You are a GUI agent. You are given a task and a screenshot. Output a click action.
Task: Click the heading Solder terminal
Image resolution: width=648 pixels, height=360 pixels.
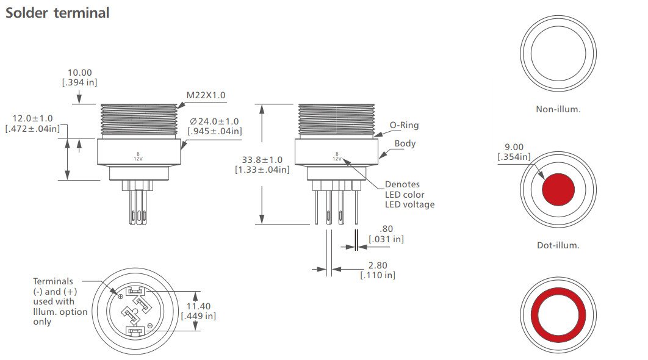click(57, 13)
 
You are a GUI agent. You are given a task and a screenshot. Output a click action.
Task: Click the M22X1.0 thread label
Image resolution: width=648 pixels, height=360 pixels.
click(206, 95)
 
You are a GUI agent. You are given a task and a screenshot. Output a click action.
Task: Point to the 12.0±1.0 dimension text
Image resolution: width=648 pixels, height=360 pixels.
click(33, 118)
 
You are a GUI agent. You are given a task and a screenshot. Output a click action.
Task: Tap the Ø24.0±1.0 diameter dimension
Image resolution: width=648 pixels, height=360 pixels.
click(214, 121)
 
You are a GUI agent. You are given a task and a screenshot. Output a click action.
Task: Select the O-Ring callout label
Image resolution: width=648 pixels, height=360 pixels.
click(404, 125)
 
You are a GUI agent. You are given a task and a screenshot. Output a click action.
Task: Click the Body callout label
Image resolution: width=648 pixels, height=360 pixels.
click(405, 143)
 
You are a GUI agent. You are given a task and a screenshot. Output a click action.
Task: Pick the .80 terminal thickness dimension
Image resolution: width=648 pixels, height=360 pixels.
click(386, 229)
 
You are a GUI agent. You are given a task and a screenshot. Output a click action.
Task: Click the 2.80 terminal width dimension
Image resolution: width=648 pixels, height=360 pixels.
click(377, 265)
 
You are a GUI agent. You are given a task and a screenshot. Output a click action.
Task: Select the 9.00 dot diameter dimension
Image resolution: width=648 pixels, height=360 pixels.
click(514, 147)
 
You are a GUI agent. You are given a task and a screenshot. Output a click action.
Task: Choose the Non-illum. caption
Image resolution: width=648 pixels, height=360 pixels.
click(557, 109)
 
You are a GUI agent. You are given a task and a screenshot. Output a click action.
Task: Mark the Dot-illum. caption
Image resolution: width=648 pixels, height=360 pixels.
click(557, 245)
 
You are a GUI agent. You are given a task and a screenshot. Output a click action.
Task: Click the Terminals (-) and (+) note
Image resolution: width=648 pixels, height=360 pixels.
click(60, 301)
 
